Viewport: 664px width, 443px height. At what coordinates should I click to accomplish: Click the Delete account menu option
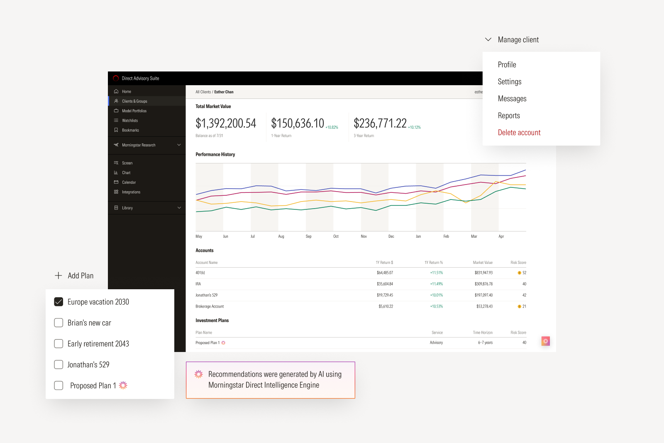[519, 133]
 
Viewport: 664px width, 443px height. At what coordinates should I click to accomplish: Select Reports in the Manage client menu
[509, 116]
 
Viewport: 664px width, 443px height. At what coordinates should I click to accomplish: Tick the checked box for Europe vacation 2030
[59, 302]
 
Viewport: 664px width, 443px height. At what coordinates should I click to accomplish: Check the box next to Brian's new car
[59, 323]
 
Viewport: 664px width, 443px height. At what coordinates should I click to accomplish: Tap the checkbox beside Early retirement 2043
[59, 344]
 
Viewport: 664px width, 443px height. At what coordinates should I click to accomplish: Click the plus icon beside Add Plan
[59, 276]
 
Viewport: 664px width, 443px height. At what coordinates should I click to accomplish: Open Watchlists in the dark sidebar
[129, 121]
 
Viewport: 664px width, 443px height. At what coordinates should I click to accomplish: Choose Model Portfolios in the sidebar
[134, 111]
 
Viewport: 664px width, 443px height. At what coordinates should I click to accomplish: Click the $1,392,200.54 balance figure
[226, 123]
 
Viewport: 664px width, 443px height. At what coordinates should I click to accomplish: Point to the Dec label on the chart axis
[391, 236]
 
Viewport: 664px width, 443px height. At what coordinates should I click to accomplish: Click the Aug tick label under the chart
[281, 236]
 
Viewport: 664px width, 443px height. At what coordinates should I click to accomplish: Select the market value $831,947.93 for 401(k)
[483, 273]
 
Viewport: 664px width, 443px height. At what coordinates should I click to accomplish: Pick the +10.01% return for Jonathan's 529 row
[436, 295]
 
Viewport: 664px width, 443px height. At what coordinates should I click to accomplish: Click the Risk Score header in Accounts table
[518, 263]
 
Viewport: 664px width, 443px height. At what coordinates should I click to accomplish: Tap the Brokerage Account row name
[210, 307]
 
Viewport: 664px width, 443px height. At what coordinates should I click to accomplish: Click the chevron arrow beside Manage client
[488, 39]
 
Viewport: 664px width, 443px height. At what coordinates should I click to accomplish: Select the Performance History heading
[215, 155]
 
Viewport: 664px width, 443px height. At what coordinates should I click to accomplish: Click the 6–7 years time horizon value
[485, 343]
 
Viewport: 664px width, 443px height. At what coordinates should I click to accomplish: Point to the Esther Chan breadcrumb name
[224, 92]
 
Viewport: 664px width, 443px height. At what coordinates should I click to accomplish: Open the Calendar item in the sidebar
[129, 182]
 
